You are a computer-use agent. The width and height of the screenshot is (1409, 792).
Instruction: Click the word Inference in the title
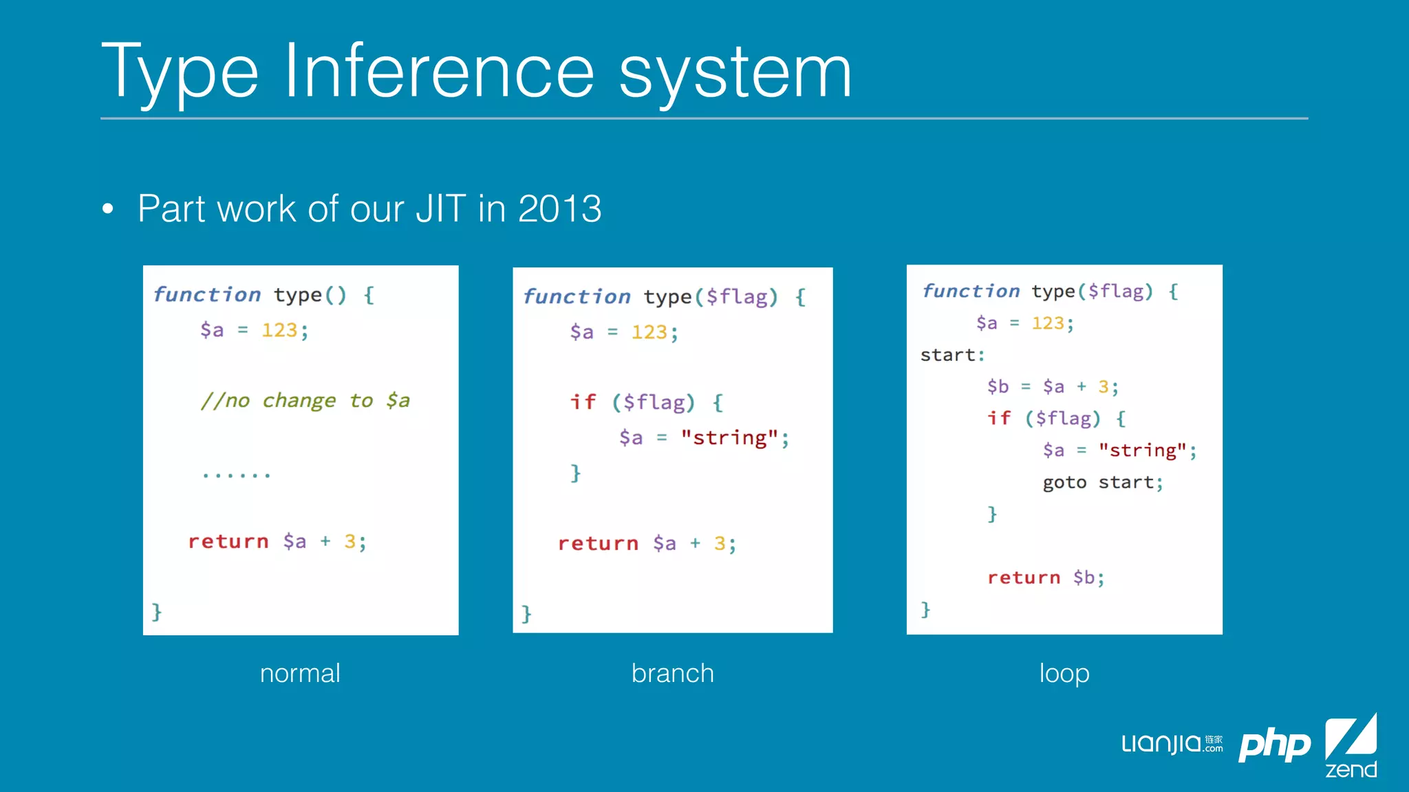(x=438, y=71)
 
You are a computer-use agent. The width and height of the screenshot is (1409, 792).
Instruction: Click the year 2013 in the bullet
(x=559, y=208)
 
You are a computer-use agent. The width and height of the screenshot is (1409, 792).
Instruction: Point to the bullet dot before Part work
(x=107, y=208)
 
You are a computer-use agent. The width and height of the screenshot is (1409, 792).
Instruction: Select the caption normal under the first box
(x=300, y=673)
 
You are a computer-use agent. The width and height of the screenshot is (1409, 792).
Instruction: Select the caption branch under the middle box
(x=672, y=673)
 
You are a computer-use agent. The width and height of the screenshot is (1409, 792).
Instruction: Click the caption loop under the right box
(x=1064, y=673)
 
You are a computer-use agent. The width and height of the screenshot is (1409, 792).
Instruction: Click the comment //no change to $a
(x=305, y=401)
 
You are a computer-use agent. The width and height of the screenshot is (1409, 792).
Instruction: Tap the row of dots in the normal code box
(x=236, y=474)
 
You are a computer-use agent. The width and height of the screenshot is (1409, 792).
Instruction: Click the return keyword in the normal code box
(x=228, y=542)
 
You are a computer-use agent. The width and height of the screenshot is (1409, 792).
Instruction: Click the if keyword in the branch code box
(x=583, y=402)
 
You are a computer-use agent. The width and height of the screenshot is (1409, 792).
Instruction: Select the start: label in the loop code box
(x=952, y=355)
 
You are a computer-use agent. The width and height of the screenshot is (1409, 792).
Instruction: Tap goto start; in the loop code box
(x=1102, y=483)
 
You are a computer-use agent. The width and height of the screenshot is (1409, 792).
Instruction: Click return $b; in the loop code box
(x=1046, y=577)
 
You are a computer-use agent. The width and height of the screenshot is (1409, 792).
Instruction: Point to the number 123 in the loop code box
(x=1048, y=323)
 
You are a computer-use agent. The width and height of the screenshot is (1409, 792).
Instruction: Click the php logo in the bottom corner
(x=1274, y=745)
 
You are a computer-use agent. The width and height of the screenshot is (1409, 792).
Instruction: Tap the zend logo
(x=1351, y=746)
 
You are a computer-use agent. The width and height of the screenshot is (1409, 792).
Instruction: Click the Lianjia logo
(x=1171, y=744)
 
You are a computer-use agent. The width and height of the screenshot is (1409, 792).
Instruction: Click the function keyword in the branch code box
(x=577, y=297)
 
